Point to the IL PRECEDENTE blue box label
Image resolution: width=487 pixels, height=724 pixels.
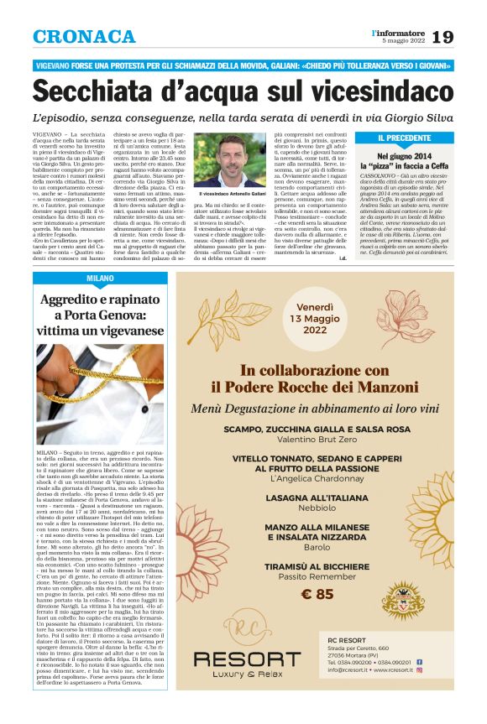tap(405, 138)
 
